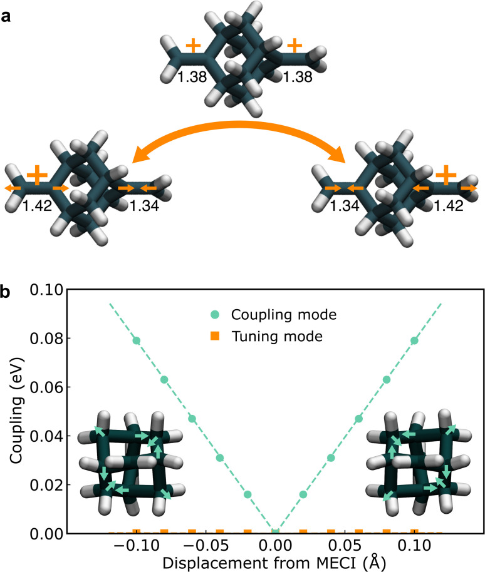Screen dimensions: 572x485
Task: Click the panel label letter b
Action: [6, 293]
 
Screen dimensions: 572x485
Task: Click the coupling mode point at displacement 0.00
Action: [275, 533]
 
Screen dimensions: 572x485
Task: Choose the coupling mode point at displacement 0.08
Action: [387, 379]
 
